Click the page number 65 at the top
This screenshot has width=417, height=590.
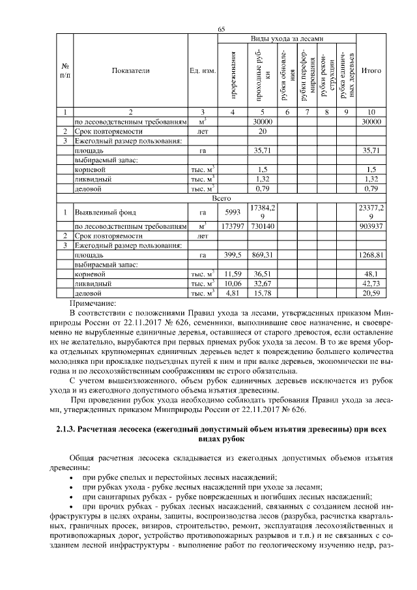tap(221, 29)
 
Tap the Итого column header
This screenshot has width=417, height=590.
tap(371, 70)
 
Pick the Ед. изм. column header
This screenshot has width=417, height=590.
tap(202, 70)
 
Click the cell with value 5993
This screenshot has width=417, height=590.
tap(233, 212)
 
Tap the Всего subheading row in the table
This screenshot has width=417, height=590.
tap(222, 198)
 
